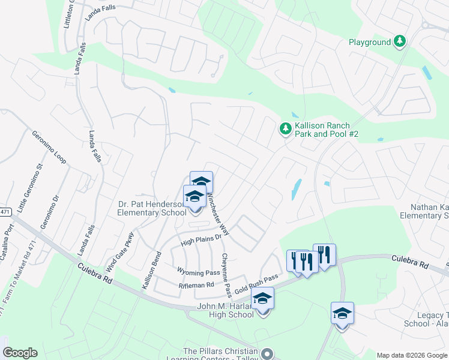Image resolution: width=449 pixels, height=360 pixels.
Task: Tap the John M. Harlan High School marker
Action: (x=262, y=298)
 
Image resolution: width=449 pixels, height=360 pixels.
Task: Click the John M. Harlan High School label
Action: (x=226, y=311)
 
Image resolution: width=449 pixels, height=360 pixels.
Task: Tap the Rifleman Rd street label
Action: (x=196, y=286)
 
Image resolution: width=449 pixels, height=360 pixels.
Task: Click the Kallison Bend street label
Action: (x=151, y=270)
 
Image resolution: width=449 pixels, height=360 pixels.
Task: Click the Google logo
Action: (x=20, y=353)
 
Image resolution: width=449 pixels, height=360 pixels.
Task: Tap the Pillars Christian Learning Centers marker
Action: (x=268, y=353)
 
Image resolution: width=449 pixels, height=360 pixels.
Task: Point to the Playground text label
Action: (x=370, y=42)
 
